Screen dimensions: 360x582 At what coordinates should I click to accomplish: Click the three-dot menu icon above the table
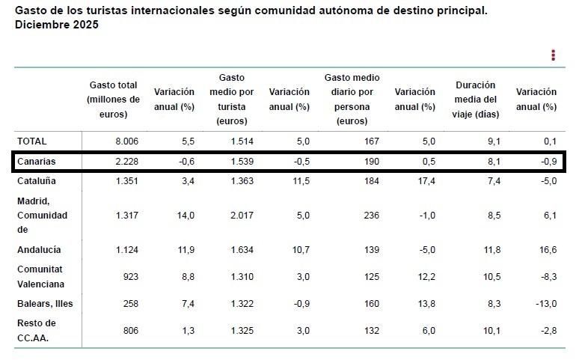(x=553, y=55)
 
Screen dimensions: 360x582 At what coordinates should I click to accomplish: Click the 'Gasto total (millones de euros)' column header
(x=113, y=100)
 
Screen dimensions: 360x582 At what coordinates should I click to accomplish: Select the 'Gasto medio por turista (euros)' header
(x=232, y=100)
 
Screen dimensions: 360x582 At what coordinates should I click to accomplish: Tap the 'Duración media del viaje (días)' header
(x=475, y=100)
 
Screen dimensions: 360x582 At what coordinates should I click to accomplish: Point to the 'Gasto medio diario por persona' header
(x=352, y=100)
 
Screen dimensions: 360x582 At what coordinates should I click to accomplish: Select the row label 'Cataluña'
(x=37, y=180)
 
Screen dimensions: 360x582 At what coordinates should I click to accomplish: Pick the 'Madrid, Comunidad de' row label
(x=42, y=215)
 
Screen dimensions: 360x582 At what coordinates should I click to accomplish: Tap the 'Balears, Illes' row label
(x=45, y=303)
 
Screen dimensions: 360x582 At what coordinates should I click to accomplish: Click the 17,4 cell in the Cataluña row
(x=425, y=180)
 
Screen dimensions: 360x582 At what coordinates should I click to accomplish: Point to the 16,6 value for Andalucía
(x=547, y=249)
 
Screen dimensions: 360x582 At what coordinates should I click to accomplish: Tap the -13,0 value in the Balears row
(x=545, y=303)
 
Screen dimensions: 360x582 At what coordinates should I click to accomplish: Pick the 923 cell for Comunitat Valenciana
(x=130, y=276)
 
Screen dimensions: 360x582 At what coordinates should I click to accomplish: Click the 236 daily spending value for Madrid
(x=371, y=215)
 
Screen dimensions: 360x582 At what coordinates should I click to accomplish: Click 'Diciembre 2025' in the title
(x=57, y=25)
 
